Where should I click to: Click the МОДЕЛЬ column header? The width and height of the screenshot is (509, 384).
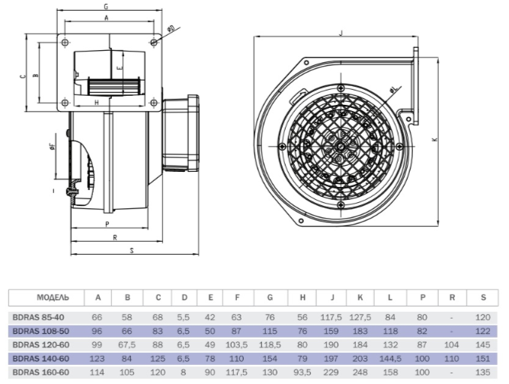click(53, 297)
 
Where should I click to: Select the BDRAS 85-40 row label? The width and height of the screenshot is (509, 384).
click(38, 317)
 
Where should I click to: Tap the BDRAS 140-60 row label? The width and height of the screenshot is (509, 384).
click(41, 359)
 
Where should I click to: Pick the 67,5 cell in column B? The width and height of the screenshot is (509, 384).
click(127, 344)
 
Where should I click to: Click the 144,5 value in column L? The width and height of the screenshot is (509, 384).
click(391, 359)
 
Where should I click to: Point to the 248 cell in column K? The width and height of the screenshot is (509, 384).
click(360, 373)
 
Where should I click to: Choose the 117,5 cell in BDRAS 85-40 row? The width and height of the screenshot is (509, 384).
click(331, 317)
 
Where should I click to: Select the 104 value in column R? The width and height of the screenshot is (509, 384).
click(452, 344)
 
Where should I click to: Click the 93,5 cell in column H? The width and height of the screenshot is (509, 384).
click(303, 373)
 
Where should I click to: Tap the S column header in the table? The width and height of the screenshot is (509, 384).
click(483, 297)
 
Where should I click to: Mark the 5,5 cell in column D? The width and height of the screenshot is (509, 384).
click(184, 317)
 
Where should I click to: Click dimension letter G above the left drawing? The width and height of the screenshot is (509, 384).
click(106, 7)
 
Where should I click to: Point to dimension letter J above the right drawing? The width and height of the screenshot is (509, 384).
click(341, 33)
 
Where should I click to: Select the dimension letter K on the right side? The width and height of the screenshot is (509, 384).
click(435, 140)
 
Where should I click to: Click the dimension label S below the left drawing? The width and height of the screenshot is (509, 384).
click(132, 250)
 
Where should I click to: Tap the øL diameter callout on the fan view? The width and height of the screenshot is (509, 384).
click(393, 90)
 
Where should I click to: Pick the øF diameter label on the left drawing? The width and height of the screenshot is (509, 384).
click(52, 147)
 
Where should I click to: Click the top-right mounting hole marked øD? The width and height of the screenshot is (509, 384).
click(154, 42)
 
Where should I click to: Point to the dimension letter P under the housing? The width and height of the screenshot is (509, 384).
click(107, 224)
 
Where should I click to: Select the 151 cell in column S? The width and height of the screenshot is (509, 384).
click(482, 359)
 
